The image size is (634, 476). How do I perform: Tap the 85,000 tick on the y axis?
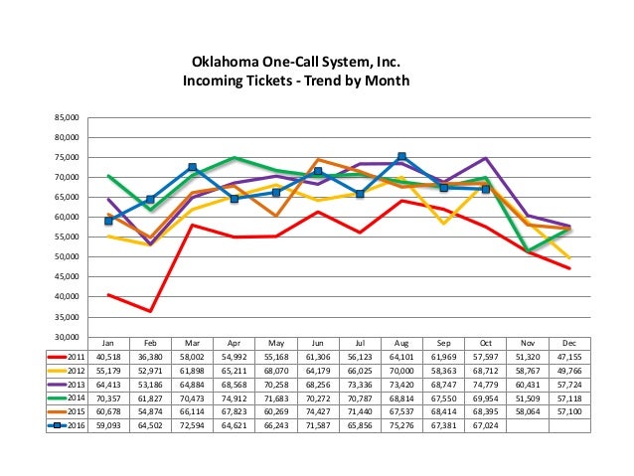click(x=65, y=117)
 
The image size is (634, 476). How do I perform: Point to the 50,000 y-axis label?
click(x=65, y=256)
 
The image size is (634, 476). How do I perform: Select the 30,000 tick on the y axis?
click(x=65, y=337)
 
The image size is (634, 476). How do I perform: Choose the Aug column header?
click(x=400, y=342)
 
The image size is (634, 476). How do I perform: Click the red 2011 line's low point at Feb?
click(x=150, y=311)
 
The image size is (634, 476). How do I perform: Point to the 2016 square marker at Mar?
click(x=192, y=167)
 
